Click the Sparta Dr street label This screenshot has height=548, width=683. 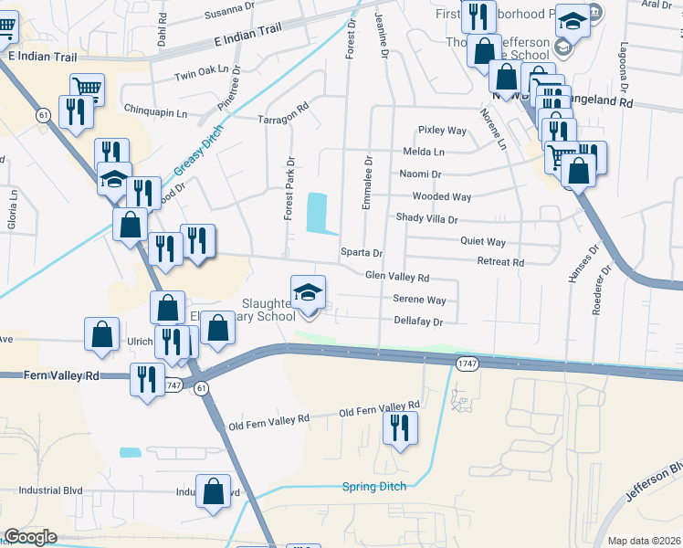[x=361, y=252]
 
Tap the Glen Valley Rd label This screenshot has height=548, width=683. [x=396, y=276]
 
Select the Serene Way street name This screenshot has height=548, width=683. [x=419, y=300]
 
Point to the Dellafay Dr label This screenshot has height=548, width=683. [x=418, y=321]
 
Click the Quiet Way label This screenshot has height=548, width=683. [x=483, y=242]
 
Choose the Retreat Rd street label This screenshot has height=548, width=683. [x=500, y=262]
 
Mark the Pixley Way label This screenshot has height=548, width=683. [x=443, y=130]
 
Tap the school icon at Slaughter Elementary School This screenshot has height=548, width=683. [x=309, y=293]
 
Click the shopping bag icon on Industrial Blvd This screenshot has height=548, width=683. [x=214, y=490]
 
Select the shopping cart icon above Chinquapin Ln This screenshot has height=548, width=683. [x=87, y=88]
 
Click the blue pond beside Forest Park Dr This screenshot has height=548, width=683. [x=317, y=212]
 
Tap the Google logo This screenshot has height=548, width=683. [x=30, y=537]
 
